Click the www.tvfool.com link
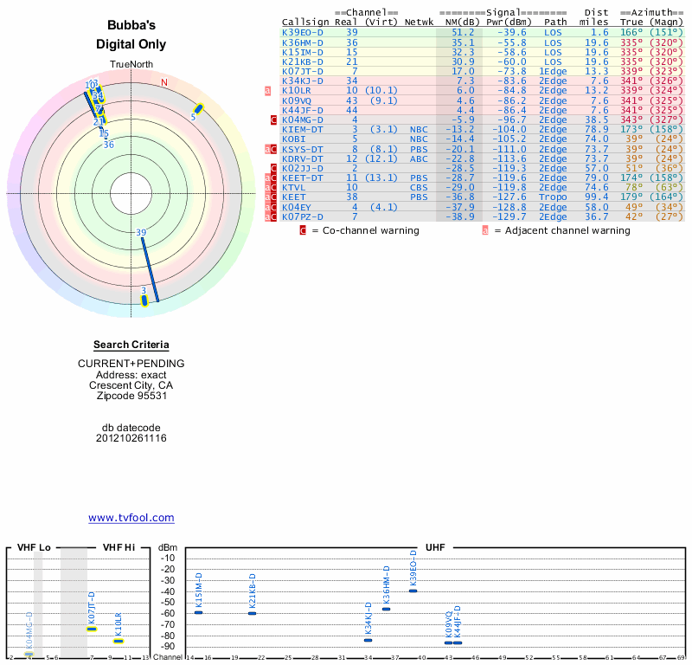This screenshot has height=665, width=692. click(131, 518)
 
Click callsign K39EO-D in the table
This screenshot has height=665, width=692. click(303, 32)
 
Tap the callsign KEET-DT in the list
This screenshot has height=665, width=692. click(303, 178)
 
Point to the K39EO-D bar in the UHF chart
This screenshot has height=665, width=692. click(413, 591)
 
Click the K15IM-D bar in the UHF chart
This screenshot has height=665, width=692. click(198, 612)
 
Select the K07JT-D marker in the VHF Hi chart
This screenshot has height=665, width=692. click(92, 629)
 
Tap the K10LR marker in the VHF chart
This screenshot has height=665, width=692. click(119, 641)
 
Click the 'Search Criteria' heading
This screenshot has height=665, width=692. click(131, 345)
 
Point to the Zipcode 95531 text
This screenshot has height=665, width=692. click(131, 396)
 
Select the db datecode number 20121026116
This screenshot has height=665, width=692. click(131, 438)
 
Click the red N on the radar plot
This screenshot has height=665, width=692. click(163, 82)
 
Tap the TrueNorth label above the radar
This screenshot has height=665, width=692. click(131, 64)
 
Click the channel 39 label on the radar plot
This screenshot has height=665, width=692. click(141, 232)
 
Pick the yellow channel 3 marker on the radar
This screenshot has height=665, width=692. click(144, 300)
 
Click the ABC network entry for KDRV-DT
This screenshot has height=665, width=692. click(419, 158)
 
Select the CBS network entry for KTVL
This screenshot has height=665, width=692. click(419, 187)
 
